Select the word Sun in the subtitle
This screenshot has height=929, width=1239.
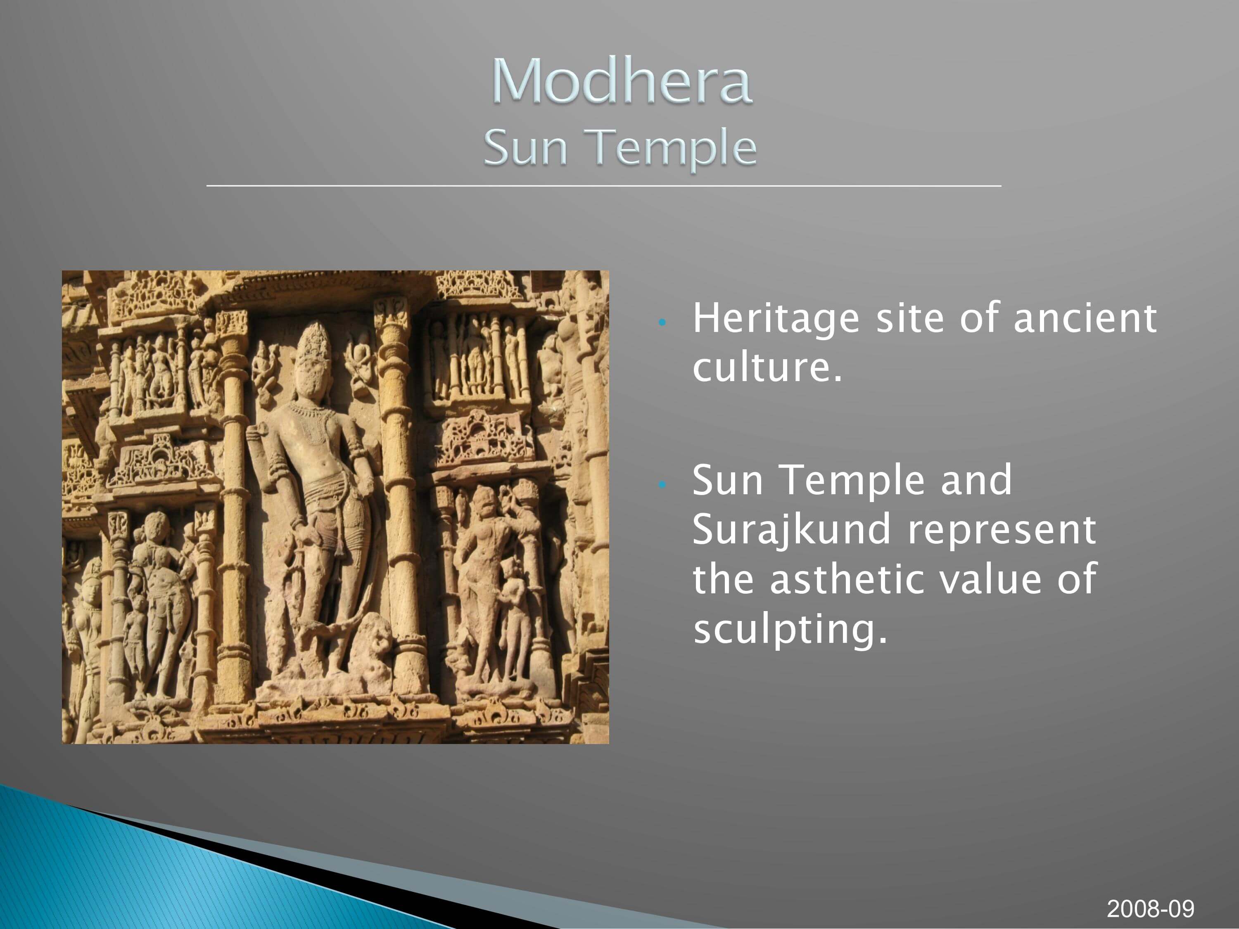(x=525, y=148)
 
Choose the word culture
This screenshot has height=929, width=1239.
(x=767, y=367)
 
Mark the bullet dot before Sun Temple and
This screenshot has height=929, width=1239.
(x=662, y=485)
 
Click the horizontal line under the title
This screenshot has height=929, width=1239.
(x=604, y=185)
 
